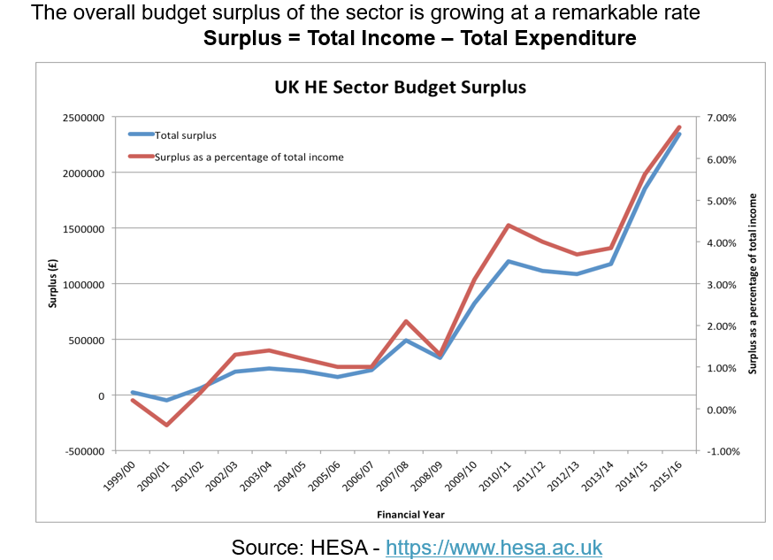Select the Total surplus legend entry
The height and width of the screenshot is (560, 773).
click(185, 135)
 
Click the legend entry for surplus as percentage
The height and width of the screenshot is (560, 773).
click(249, 157)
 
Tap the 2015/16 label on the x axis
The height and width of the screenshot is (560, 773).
click(671, 479)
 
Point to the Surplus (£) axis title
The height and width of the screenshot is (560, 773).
click(53, 283)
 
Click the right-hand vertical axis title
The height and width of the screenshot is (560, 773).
click(753, 284)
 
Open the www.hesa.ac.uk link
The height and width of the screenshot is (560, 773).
click(494, 548)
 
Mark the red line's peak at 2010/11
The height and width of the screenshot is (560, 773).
click(509, 225)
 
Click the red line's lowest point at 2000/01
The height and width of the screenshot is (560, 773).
click(166, 426)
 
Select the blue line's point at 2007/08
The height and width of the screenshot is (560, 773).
click(406, 340)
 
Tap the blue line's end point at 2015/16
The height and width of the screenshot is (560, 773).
click(679, 134)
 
